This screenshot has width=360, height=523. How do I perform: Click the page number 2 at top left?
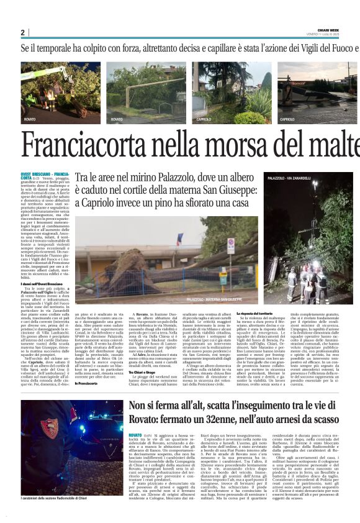click(x=22, y=32)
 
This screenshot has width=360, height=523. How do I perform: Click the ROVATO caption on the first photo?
click(x=30, y=119)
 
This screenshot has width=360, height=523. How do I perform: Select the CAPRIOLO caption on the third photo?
click(x=204, y=119)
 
